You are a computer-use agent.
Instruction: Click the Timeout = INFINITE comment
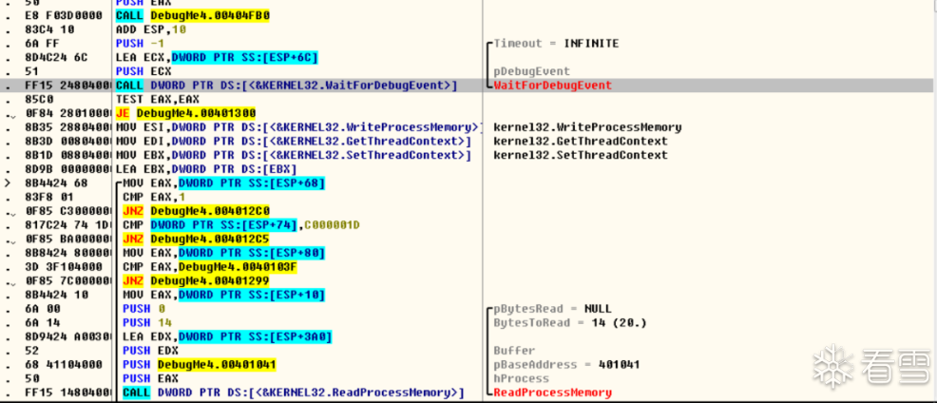coord(556,44)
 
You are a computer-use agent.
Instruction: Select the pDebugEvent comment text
coord(531,71)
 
